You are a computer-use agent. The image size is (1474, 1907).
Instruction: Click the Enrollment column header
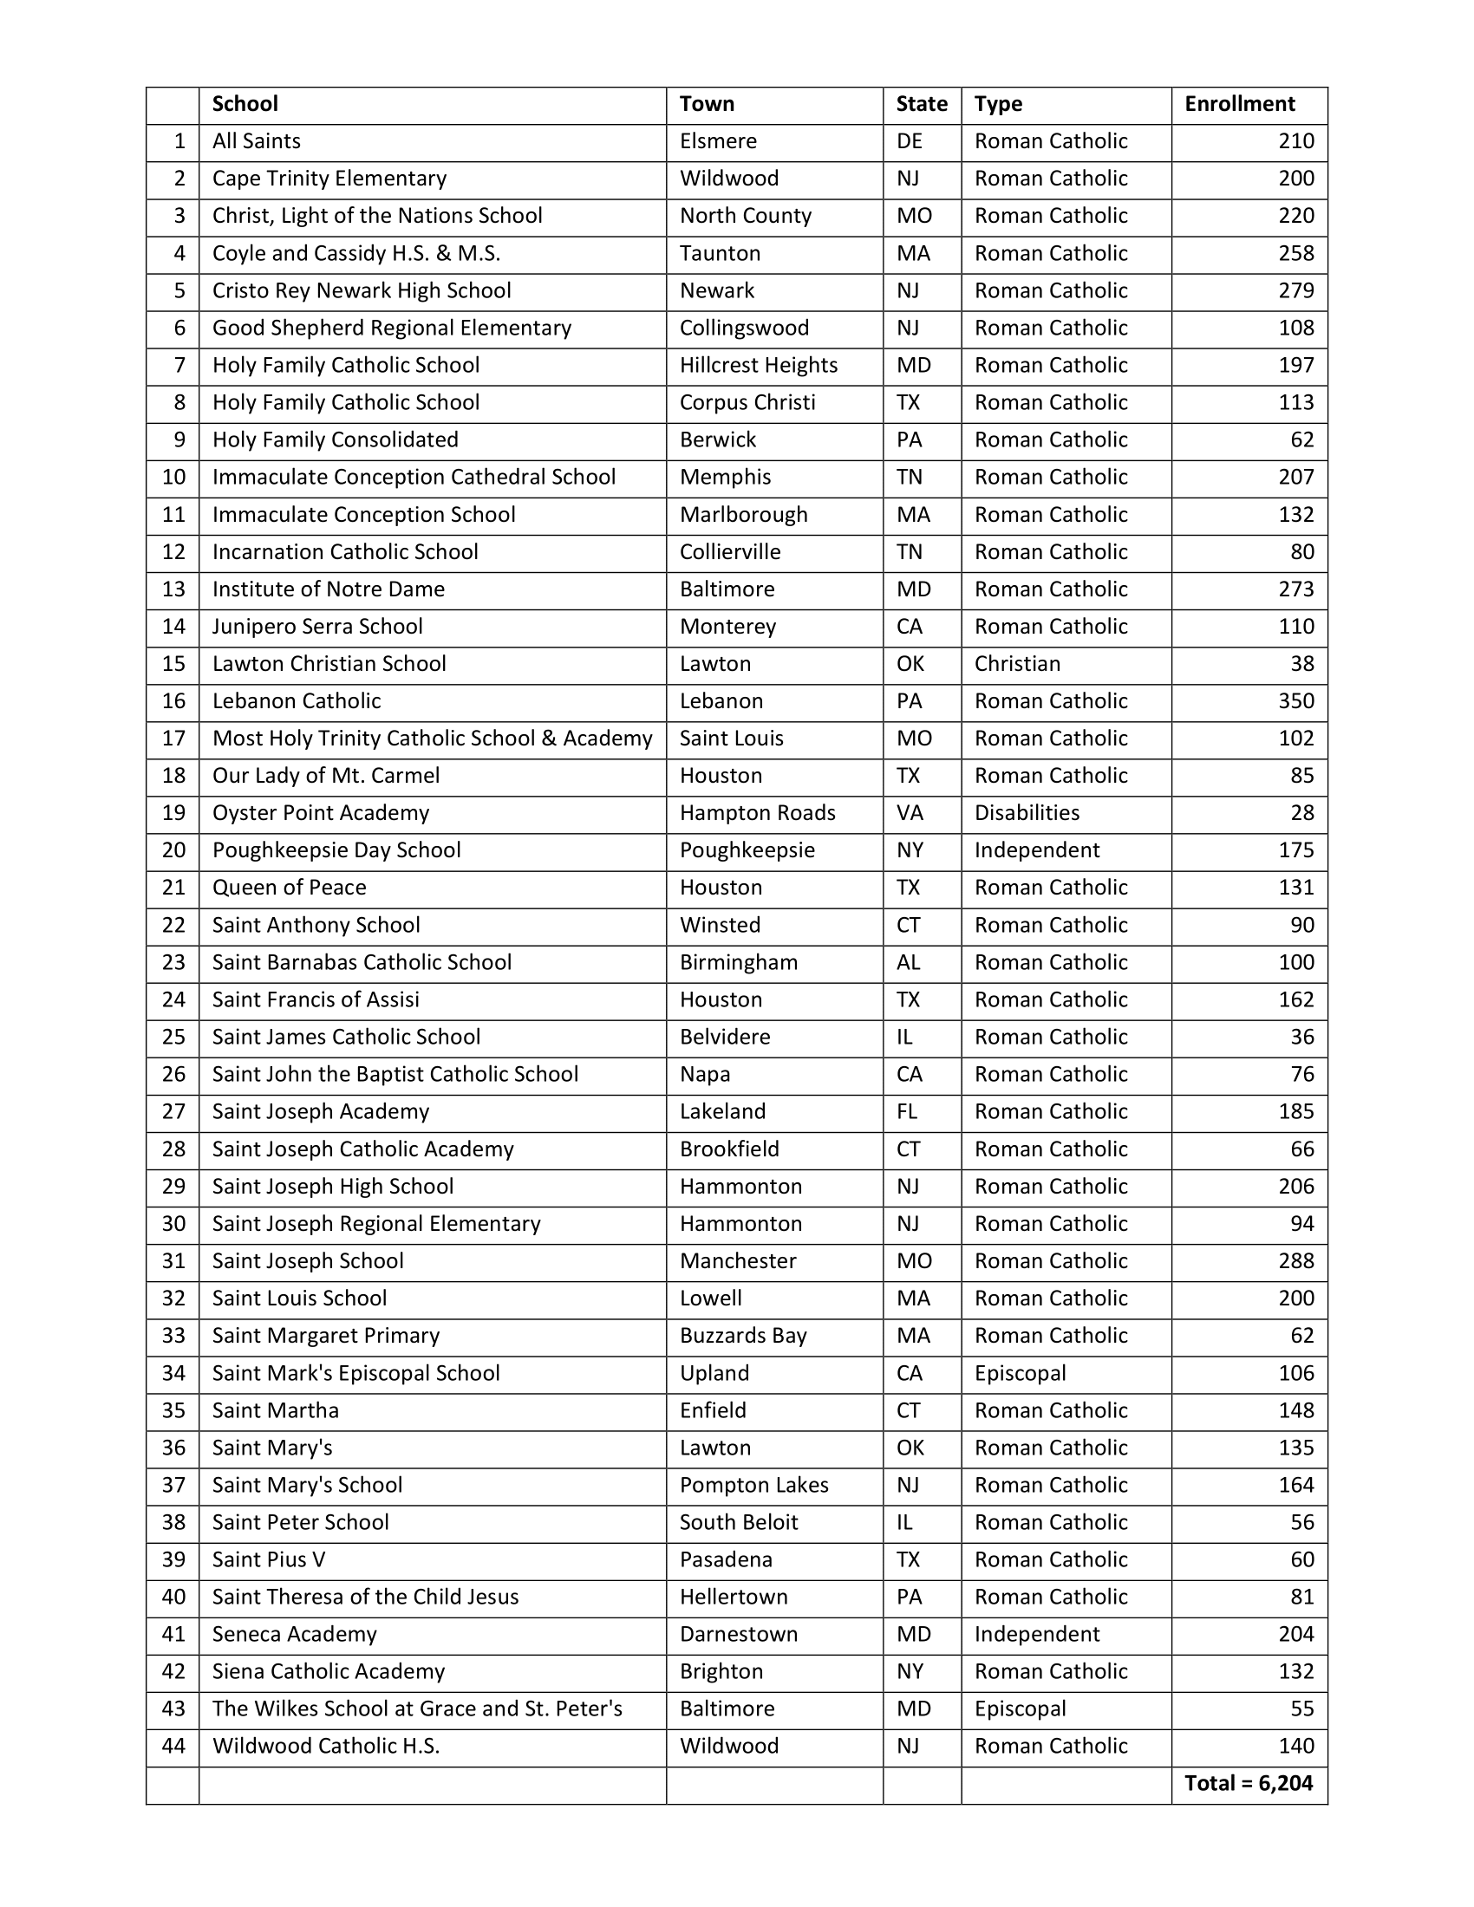pyautogui.click(x=1238, y=104)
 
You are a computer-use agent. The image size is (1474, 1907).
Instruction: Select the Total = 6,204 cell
pyautogui.click(x=1248, y=1783)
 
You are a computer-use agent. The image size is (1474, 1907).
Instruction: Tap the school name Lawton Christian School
pyautogui.click(x=329, y=664)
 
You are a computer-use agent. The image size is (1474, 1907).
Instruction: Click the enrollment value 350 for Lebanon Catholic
pyautogui.click(x=1296, y=701)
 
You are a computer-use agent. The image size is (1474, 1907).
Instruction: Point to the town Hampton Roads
pyautogui.click(x=757, y=813)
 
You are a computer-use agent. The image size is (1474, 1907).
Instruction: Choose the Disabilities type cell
pyautogui.click(x=1027, y=813)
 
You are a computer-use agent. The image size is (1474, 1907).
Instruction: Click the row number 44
pyautogui.click(x=173, y=1746)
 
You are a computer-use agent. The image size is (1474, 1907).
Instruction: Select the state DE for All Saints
pyautogui.click(x=909, y=141)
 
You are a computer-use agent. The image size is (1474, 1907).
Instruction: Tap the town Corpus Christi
pyautogui.click(x=747, y=402)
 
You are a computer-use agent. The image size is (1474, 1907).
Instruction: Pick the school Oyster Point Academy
pyautogui.click(x=321, y=813)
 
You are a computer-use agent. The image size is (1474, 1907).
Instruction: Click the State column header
pyautogui.click(x=921, y=104)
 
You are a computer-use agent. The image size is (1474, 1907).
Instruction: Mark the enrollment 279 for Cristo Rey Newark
pyautogui.click(x=1296, y=290)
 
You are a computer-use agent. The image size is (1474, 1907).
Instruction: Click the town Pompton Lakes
pyautogui.click(x=753, y=1484)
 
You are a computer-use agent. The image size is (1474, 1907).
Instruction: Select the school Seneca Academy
pyautogui.click(x=294, y=1634)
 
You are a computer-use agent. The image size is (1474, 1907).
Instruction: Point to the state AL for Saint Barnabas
pyautogui.click(x=908, y=962)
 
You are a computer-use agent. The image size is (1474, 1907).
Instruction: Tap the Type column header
pyautogui.click(x=998, y=104)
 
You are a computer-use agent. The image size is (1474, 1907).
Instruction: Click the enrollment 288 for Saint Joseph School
pyautogui.click(x=1296, y=1261)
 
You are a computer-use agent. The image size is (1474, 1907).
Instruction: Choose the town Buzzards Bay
pyautogui.click(x=743, y=1335)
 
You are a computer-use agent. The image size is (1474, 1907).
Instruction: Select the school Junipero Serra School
pyautogui.click(x=317, y=626)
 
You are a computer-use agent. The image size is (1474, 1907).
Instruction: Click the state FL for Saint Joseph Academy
pyautogui.click(x=906, y=1111)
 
